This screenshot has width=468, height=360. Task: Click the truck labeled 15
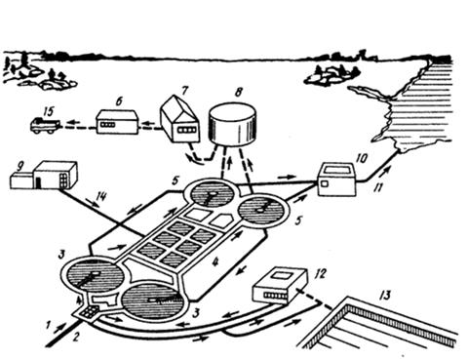[45, 126]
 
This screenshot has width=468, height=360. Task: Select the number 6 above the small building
[119, 101]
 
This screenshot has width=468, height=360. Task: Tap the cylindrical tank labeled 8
[232, 125]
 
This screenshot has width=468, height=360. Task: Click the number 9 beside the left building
[20, 168]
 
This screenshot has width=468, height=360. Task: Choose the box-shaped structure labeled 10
[336, 179]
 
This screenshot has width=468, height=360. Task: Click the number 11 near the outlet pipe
[377, 188]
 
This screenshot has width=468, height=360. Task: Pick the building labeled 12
[280, 286]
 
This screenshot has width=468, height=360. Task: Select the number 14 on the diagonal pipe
[101, 196]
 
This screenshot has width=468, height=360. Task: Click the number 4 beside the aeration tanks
[214, 262]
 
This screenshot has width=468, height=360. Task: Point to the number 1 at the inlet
[49, 325]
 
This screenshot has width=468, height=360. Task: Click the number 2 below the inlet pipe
[76, 338]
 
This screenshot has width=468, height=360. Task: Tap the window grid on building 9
[63, 179]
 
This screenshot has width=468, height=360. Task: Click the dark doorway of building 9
[38, 183]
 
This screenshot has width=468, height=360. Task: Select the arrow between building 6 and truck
[75, 123]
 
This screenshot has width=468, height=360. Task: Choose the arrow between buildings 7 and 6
[148, 124]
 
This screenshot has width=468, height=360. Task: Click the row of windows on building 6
[107, 125]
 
